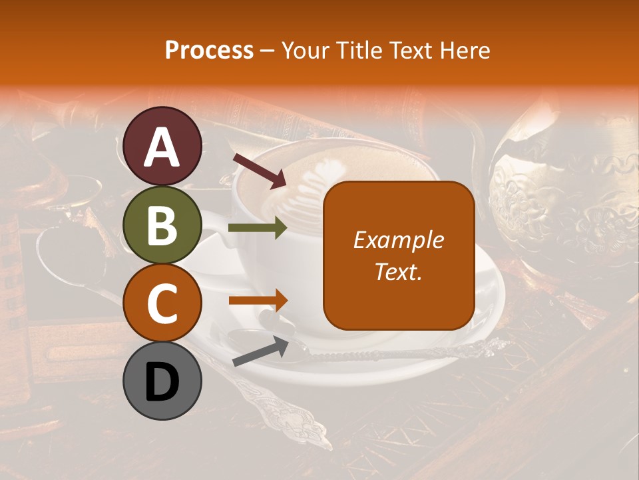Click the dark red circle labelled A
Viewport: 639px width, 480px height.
point(162,146)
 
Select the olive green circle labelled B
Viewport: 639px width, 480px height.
point(162,225)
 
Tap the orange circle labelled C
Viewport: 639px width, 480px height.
point(162,303)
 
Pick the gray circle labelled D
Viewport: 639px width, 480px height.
point(162,381)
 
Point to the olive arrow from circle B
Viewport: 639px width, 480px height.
point(258,228)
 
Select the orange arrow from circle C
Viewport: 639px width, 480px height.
point(258,301)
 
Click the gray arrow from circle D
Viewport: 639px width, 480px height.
point(260,352)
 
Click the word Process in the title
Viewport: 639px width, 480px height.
point(209,50)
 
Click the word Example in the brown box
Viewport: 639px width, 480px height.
point(398,240)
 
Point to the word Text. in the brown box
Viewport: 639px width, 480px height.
point(398,272)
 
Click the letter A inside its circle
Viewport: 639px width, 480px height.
point(162,147)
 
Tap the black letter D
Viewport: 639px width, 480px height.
point(162,383)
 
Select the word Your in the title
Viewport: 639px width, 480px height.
point(304,50)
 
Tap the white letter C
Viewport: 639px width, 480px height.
point(162,304)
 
